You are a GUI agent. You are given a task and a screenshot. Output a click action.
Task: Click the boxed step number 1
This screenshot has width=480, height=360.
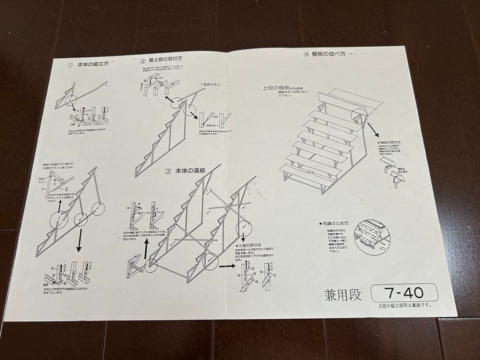point(70,65)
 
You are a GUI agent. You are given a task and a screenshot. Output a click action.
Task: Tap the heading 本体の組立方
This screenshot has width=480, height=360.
point(93,64)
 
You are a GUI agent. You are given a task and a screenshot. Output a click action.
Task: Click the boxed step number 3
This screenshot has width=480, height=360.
point(168,171)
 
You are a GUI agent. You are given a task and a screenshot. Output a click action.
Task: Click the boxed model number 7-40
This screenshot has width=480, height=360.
point(404,293)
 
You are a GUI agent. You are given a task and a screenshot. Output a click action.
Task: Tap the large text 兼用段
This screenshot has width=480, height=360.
point(344,294)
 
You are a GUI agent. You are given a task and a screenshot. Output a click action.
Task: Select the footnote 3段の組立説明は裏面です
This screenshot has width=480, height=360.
point(404,305)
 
